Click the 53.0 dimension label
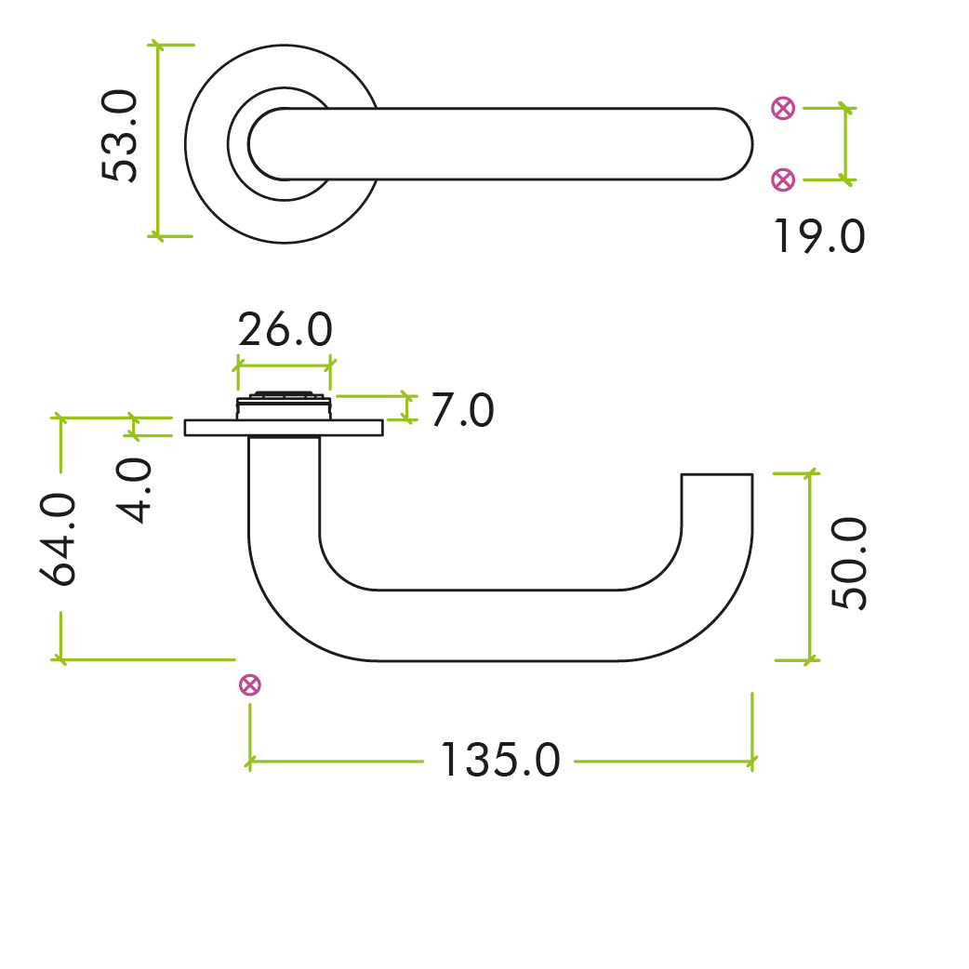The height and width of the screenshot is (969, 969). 121,137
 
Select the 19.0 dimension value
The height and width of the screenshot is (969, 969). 818,237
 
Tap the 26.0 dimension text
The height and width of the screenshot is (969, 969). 285,330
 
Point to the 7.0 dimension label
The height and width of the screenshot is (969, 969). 461,410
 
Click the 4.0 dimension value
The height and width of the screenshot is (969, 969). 137,491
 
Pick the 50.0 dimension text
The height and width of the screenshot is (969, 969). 849,564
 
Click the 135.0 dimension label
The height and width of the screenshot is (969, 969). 499,761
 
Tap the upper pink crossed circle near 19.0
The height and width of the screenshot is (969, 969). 784,109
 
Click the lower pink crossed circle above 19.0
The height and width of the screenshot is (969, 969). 784,179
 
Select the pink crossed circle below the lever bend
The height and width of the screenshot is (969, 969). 249,686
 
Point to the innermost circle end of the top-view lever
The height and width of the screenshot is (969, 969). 270,143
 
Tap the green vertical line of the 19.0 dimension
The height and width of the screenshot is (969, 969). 845,143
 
